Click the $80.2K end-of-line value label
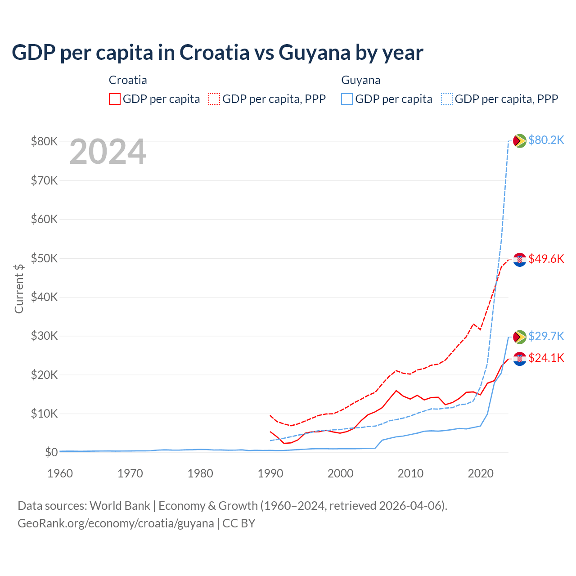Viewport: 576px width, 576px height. (546, 140)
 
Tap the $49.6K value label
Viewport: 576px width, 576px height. (546, 259)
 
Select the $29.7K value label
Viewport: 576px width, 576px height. (546, 336)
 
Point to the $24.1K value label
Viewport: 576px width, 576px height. (546, 358)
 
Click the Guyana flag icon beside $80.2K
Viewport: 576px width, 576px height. (520, 141)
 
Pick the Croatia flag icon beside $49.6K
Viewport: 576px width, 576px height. (520, 260)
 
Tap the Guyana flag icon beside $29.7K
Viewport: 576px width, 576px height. (520, 337)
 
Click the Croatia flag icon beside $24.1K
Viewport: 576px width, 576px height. (520, 359)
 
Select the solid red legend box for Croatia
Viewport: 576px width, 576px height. (115, 99)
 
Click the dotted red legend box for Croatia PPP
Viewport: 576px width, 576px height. (214, 99)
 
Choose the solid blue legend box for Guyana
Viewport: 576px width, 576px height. (347, 99)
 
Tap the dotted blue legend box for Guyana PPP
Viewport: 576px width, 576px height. (447, 99)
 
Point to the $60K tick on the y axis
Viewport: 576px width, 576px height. (44, 219)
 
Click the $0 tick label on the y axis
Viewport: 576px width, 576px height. (51, 452)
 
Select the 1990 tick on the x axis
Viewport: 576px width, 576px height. (270, 473)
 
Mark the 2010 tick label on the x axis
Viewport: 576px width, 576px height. (410, 473)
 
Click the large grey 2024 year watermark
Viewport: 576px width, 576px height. (108, 152)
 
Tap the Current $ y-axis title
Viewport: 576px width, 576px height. (19, 288)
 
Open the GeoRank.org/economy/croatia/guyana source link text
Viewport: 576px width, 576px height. (116, 523)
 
